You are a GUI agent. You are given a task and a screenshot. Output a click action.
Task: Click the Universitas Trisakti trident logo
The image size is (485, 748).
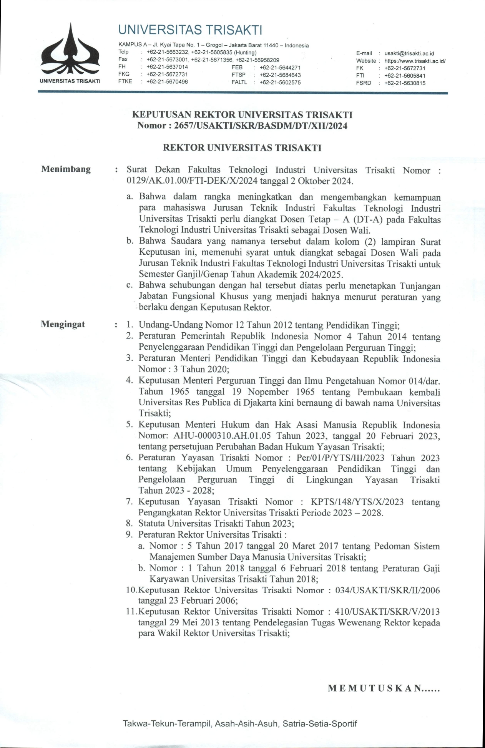pos(70,51)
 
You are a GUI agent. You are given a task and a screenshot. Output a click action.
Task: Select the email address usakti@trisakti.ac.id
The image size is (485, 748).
pos(409,54)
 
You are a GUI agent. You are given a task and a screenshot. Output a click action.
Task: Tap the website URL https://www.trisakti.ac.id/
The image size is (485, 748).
pos(415,61)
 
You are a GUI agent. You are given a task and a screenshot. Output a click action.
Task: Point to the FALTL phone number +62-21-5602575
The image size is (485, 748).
pos(280,82)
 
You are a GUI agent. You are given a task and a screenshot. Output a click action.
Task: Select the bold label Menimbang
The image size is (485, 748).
pos(66,169)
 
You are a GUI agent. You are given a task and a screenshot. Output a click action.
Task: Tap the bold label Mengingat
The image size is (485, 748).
pos(63,324)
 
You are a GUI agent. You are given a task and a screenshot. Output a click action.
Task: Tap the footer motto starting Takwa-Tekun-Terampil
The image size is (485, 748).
pos(240,724)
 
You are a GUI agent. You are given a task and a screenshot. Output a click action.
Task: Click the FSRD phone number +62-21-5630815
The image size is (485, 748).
pos(405,83)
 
